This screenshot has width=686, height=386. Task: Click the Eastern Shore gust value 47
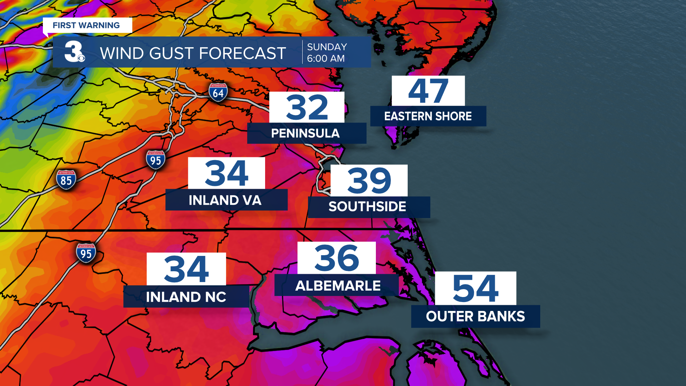[x=428, y=91]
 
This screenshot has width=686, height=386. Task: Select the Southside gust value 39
[x=369, y=180]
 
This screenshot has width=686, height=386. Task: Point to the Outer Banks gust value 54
[x=475, y=288]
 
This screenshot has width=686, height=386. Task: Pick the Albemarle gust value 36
[x=337, y=258]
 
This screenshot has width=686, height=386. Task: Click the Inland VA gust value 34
[x=227, y=173]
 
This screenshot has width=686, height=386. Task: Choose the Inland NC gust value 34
[x=186, y=269]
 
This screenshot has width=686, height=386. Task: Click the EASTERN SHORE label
[x=428, y=116]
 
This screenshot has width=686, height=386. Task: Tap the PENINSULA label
[x=305, y=133]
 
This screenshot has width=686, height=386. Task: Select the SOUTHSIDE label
[x=367, y=207]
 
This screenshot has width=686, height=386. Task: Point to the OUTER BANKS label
[x=475, y=316]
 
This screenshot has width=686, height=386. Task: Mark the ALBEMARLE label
[x=338, y=286]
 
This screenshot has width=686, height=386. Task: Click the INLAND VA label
[x=225, y=200]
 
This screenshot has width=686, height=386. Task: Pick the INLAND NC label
[x=186, y=297]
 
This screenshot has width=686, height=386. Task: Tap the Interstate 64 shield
[x=218, y=92]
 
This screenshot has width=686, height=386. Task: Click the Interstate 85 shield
[x=66, y=179]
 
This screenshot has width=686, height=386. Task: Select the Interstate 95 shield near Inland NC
[x=86, y=253]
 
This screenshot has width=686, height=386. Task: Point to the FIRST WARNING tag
[x=86, y=25]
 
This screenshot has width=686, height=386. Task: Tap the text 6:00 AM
[x=326, y=58]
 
